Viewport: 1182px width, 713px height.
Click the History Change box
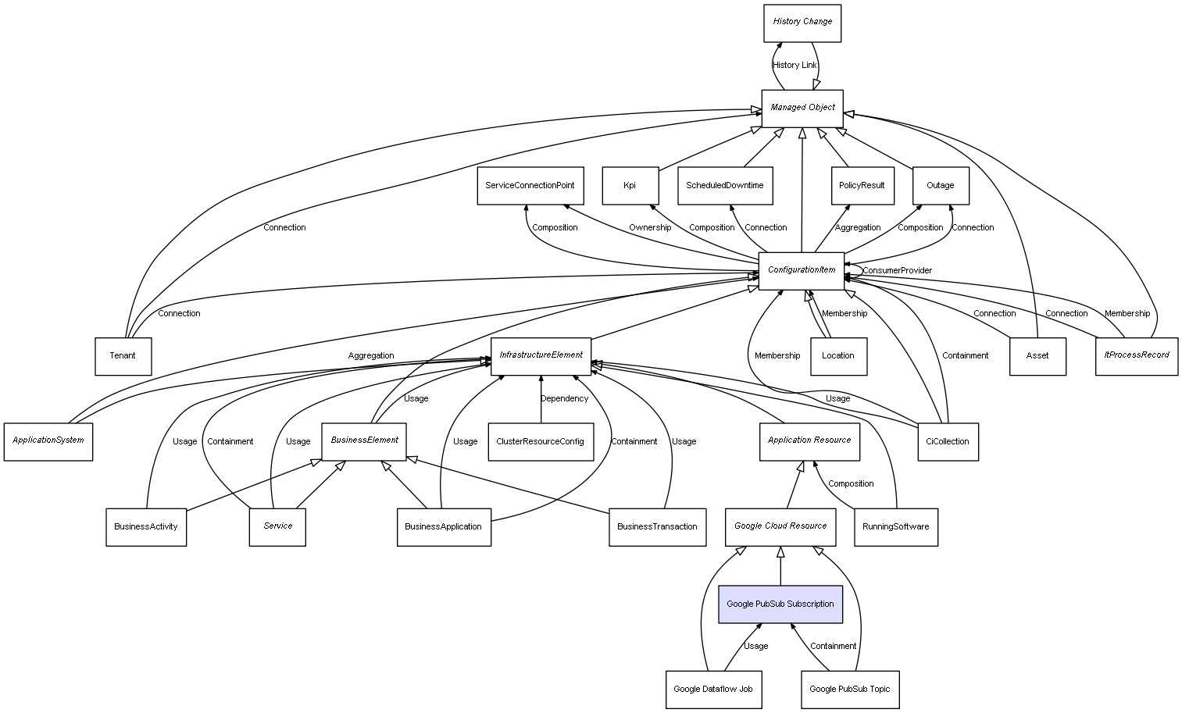tap(802, 23)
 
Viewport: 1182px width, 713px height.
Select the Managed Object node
tap(802, 108)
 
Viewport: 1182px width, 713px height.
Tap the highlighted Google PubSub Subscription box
tap(780, 604)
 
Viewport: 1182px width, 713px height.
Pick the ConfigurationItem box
tap(802, 270)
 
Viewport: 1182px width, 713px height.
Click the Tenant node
tap(123, 356)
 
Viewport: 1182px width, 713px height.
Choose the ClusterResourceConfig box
tap(540, 442)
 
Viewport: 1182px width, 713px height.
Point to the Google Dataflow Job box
tap(713, 690)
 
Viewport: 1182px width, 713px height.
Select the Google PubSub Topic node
tap(850, 690)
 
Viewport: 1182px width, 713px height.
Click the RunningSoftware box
tap(895, 527)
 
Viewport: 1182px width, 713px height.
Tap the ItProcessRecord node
tap(1136, 356)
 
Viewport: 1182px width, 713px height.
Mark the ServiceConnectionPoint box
tap(530, 186)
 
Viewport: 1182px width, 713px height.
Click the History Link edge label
tap(795, 66)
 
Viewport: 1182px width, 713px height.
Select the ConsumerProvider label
tap(897, 271)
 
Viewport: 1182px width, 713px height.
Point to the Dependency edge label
tap(564, 399)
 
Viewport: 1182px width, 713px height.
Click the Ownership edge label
tap(650, 228)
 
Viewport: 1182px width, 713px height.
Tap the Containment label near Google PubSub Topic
tap(833, 647)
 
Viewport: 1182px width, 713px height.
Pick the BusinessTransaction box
tap(657, 527)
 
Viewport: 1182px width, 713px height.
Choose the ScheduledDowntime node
tap(725, 186)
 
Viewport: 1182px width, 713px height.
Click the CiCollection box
tap(947, 442)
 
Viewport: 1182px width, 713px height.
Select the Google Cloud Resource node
tap(780, 527)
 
